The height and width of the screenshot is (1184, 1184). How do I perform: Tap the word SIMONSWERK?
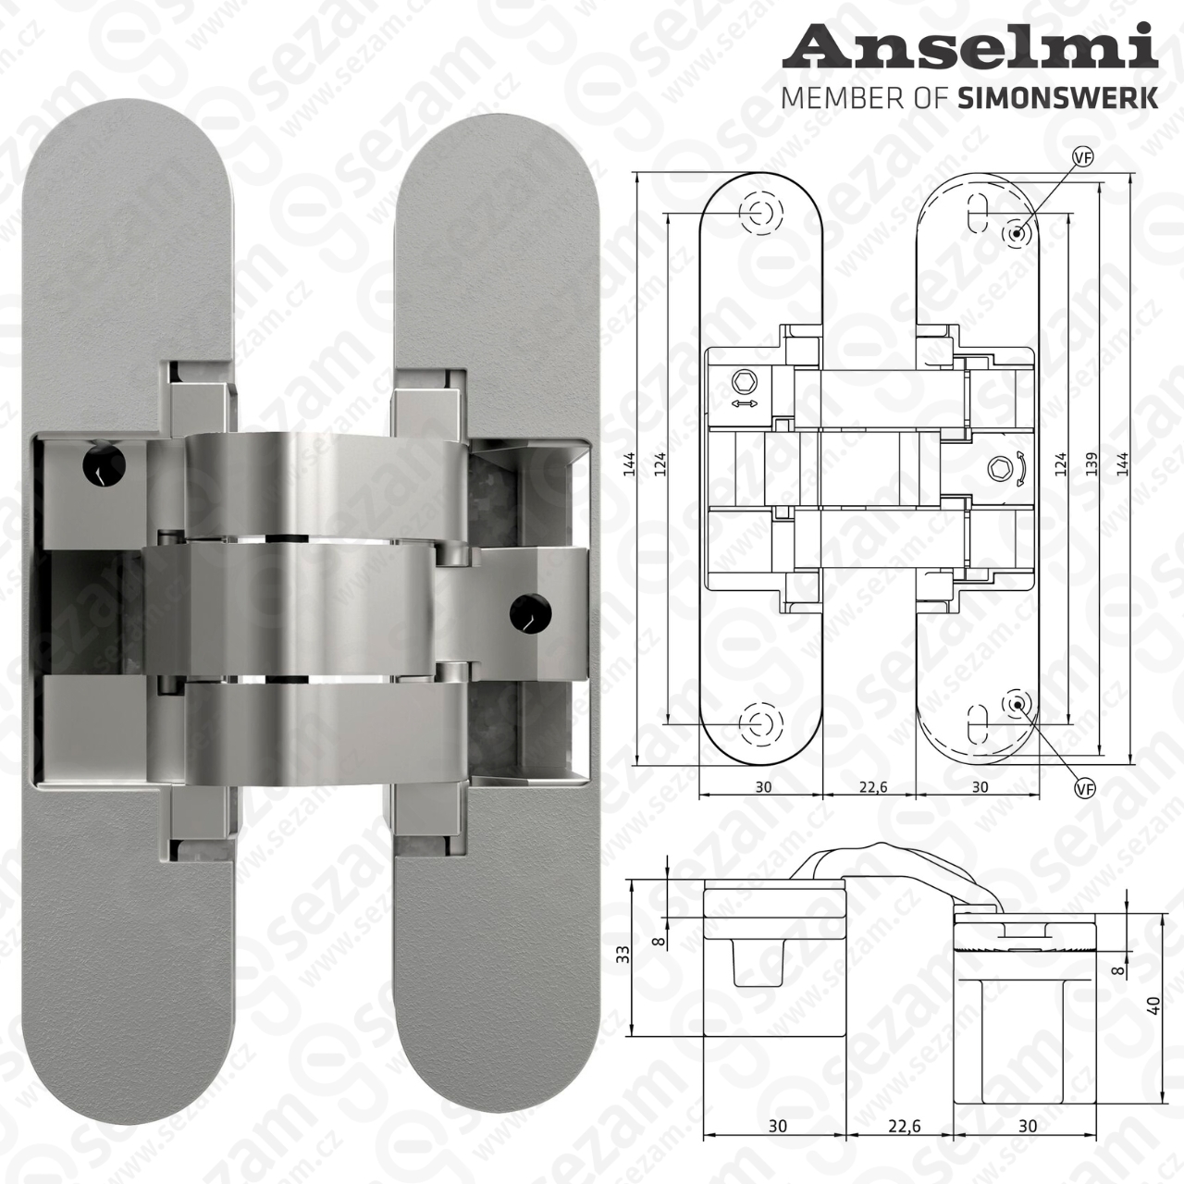(x=1058, y=98)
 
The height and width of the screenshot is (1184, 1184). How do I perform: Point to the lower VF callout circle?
(x=1086, y=788)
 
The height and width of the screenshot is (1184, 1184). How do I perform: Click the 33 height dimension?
(x=623, y=954)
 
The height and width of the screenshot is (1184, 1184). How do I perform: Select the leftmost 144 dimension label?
(x=628, y=465)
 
